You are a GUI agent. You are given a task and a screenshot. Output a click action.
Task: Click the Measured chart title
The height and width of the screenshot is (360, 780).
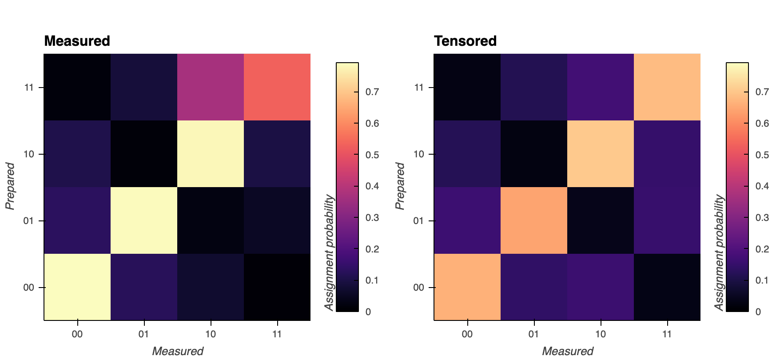77,41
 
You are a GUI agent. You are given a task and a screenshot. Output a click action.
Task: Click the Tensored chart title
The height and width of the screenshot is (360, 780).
465,41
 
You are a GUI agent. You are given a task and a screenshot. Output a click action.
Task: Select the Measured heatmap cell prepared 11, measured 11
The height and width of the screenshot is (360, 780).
277,87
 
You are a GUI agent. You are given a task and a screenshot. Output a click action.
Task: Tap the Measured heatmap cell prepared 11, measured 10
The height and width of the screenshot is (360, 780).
211,87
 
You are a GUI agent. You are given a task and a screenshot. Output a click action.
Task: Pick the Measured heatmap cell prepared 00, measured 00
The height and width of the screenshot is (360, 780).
77,287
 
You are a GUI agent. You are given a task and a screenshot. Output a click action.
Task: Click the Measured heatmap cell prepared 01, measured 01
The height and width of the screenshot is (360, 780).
144,220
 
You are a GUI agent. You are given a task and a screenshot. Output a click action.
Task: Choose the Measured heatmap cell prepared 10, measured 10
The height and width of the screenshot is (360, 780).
211,154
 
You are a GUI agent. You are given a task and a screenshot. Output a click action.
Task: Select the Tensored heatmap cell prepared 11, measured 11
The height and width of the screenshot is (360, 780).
667,87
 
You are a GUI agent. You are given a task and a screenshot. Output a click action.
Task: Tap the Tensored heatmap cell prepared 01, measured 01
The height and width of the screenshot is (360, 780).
534,220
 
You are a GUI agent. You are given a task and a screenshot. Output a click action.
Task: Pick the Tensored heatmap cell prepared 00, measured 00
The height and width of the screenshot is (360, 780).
467,287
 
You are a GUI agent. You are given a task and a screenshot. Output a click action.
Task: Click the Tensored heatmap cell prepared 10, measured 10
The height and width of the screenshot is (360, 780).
601,154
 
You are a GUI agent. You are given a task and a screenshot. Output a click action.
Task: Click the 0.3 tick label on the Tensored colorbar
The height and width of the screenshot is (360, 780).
762,218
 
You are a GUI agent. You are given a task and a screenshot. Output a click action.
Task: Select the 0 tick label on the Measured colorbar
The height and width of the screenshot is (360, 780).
368,312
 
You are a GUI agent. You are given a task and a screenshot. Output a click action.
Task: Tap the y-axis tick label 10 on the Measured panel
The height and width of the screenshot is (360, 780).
29,154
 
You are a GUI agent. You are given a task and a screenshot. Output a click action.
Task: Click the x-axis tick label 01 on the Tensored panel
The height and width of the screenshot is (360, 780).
534,334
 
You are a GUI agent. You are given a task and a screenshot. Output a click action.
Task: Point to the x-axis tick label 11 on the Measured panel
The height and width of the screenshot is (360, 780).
277,334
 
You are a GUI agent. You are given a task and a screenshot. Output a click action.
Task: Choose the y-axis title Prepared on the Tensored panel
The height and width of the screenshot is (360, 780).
400,186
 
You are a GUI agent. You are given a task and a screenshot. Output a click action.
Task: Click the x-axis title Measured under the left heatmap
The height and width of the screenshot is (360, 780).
178,351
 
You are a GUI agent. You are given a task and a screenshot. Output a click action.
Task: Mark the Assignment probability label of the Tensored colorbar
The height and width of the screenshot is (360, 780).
719,252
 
